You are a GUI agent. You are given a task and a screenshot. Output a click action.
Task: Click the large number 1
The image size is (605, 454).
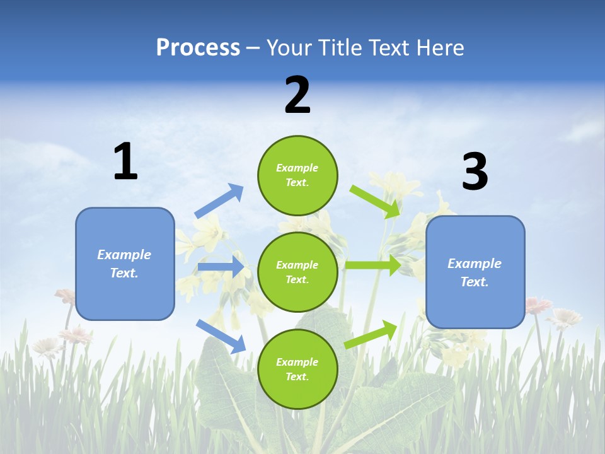125,162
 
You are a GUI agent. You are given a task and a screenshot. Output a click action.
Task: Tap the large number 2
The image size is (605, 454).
297,95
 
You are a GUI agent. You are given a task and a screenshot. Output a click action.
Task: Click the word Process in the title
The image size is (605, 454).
198,48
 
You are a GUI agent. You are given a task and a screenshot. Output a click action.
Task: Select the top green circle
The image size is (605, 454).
297,175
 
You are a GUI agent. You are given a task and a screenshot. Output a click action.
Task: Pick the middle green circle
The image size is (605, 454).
297,272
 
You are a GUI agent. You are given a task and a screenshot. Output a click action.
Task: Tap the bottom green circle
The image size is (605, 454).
297,369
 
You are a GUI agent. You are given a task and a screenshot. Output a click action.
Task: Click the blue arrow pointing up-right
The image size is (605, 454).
219,201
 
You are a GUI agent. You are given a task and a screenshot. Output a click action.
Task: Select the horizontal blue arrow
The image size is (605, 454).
221,267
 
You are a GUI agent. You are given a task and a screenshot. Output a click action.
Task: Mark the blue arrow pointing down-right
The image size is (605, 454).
221,336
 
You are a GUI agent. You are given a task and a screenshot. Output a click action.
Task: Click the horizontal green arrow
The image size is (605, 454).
373,265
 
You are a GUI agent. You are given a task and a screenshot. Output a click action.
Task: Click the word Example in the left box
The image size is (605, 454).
124,255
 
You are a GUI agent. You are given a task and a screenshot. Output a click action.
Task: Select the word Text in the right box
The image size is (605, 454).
474,282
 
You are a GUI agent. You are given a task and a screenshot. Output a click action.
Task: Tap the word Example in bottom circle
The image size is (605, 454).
297,362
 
